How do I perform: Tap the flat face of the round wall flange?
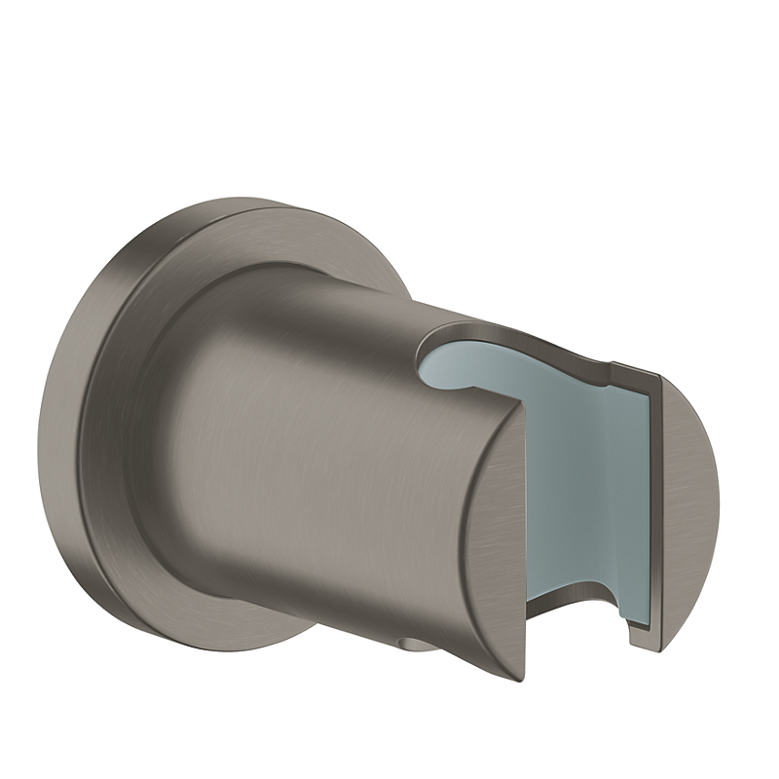tap(117, 389)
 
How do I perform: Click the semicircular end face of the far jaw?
tap(686, 506)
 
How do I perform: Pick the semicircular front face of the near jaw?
tap(487, 545)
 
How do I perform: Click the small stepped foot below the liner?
tap(638, 633)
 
